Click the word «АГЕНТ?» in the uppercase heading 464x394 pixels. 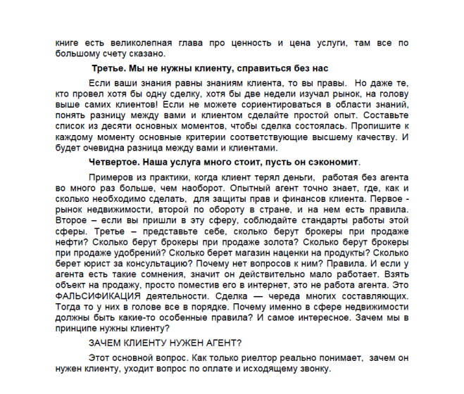(x=222, y=343)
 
